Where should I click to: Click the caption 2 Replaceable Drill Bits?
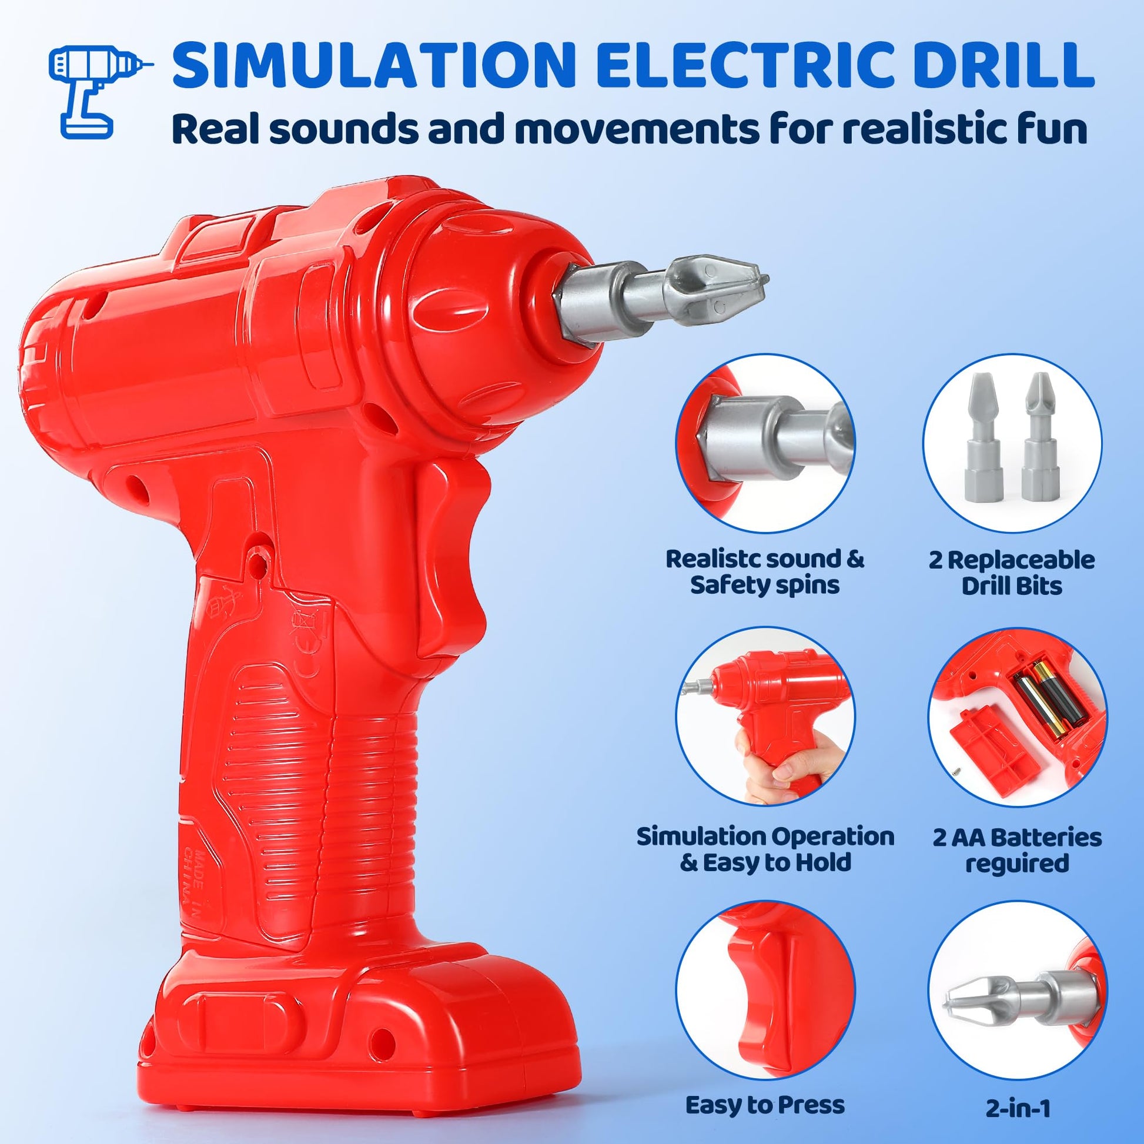[1011, 573]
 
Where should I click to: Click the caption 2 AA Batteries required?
[1017, 850]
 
